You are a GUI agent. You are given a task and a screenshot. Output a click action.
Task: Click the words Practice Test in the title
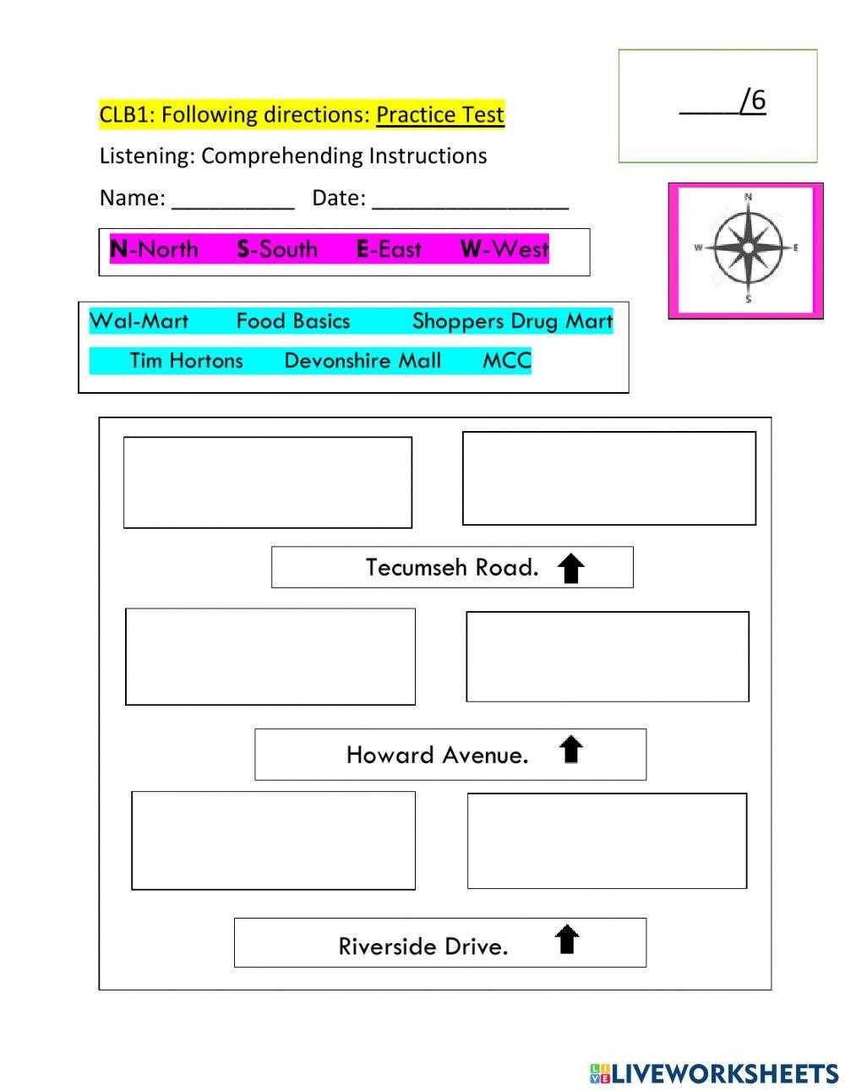440,114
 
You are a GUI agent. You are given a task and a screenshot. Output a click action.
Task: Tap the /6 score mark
753,100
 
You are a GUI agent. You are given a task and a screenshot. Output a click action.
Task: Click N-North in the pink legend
154,249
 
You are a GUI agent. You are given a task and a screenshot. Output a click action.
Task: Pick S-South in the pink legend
277,249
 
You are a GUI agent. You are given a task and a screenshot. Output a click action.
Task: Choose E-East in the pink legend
389,249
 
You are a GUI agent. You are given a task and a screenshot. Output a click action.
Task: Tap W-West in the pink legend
504,249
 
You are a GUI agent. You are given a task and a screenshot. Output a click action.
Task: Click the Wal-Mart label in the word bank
139,321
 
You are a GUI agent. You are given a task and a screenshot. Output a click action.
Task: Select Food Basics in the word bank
293,321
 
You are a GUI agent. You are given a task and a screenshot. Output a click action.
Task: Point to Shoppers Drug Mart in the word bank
512,322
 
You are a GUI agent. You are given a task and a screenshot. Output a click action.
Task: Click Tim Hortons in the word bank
186,361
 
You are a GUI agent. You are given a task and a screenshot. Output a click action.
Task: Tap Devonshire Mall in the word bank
363,361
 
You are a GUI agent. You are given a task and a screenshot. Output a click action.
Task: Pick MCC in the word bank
507,361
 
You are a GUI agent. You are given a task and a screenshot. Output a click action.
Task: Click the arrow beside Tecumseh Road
570,568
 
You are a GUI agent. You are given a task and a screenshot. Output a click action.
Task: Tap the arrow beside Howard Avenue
570,749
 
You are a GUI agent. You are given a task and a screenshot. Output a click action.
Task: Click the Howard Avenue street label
437,755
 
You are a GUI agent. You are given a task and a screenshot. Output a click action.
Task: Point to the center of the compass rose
748,248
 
